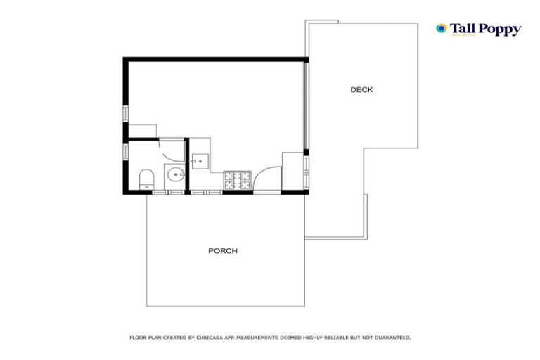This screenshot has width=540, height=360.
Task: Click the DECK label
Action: click(361, 89)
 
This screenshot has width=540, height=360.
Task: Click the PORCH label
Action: click(222, 250)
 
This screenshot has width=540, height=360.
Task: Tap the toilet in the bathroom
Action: click(146, 178)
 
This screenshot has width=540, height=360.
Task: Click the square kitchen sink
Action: click(199, 160)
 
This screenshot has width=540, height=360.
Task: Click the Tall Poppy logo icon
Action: click(442, 29)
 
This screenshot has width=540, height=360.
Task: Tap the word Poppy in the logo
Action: click(500, 29)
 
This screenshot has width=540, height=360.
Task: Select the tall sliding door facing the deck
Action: click(305, 105)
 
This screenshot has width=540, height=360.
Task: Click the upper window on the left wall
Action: click(126, 113)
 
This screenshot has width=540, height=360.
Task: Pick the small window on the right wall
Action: click(306, 166)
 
